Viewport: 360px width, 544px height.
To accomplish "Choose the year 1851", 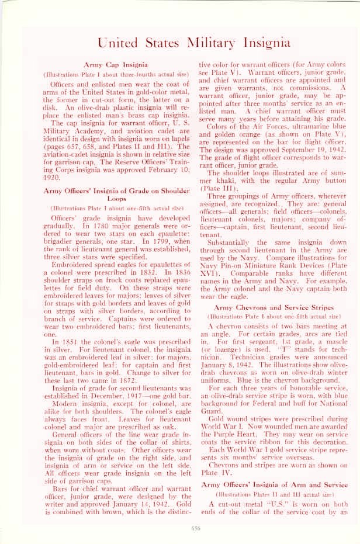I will click(x=70, y=342).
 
